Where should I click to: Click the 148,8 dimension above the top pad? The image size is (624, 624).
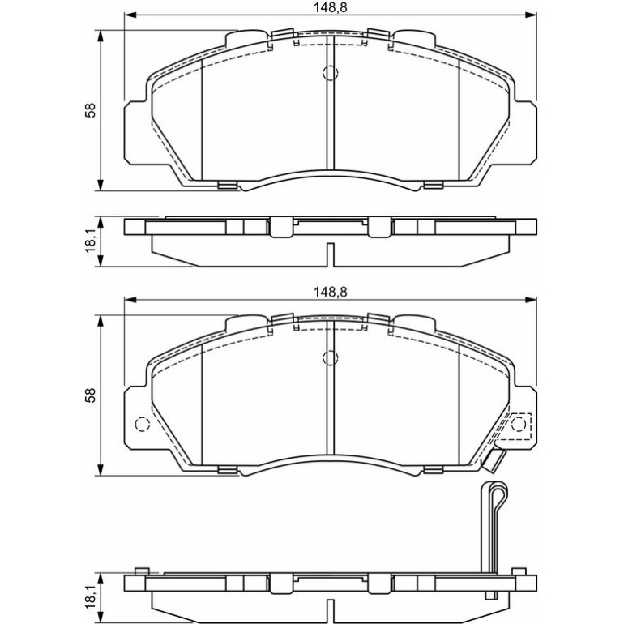click(x=331, y=8)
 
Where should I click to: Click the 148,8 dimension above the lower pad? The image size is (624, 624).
click(x=331, y=292)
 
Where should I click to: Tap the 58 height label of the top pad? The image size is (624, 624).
click(x=92, y=110)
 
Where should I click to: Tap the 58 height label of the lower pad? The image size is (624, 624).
click(x=92, y=395)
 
